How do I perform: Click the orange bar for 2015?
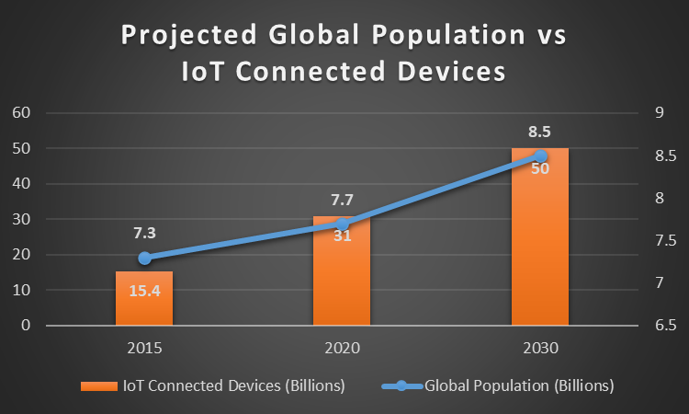[x=144, y=299]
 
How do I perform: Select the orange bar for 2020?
[x=342, y=276]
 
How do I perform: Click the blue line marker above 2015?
[x=144, y=258]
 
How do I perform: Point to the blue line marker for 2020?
[x=342, y=224]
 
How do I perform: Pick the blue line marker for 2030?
[x=540, y=155]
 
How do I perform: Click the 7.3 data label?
[x=144, y=234]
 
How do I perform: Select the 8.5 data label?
[x=540, y=131]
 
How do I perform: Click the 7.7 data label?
[x=342, y=200]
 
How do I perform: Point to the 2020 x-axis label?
[x=342, y=349]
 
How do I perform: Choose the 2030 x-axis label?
[x=540, y=349]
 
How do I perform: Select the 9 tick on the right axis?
[x=659, y=113]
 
